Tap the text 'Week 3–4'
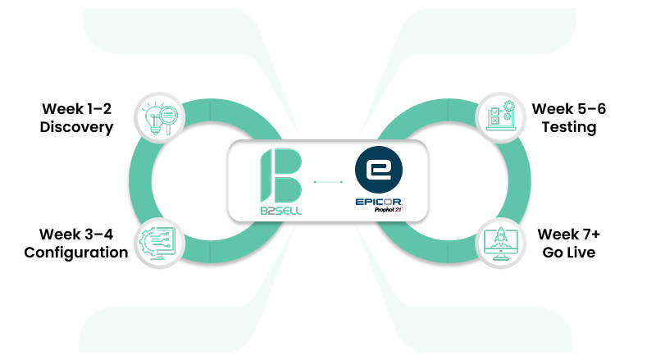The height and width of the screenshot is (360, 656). pyautogui.click(x=76, y=234)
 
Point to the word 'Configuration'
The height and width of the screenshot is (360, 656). pyautogui.click(x=76, y=252)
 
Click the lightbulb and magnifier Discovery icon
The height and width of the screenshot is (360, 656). pyautogui.click(x=161, y=117)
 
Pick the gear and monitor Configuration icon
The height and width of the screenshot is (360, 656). pyautogui.click(x=161, y=242)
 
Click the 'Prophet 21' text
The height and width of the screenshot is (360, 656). pyautogui.click(x=386, y=210)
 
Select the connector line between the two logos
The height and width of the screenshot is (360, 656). pyautogui.click(x=327, y=180)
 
